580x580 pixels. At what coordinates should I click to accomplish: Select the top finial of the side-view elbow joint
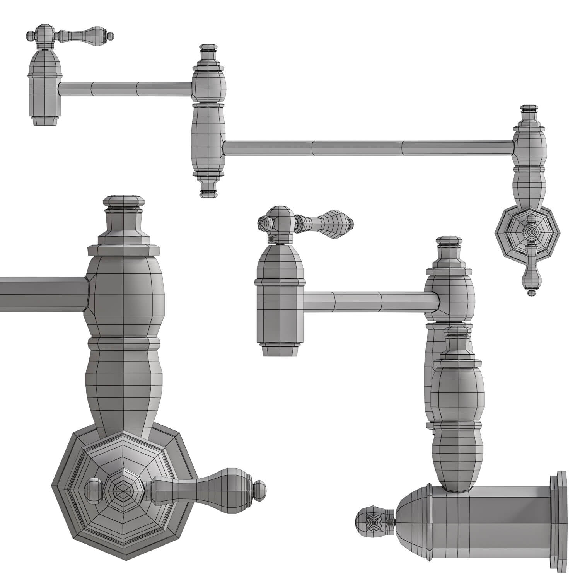click(208, 52)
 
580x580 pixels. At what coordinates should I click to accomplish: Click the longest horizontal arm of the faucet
click(367, 148)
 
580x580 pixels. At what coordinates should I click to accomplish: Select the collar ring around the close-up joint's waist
click(124, 343)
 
